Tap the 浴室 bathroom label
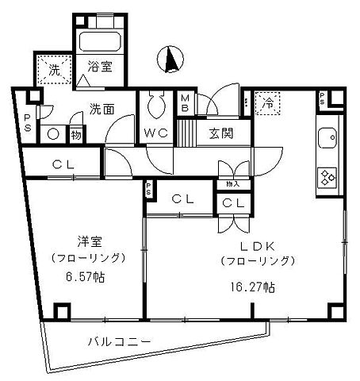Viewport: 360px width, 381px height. tap(100, 69)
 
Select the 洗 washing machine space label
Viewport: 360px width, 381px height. tap(54, 69)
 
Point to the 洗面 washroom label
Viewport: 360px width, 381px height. tap(101, 109)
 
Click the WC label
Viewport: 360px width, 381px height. tap(155, 133)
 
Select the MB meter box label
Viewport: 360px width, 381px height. tap(184, 103)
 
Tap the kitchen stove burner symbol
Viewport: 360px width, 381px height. tap(327, 177)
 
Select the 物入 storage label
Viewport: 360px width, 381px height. tap(232, 185)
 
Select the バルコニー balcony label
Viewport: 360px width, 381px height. tap(120, 343)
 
